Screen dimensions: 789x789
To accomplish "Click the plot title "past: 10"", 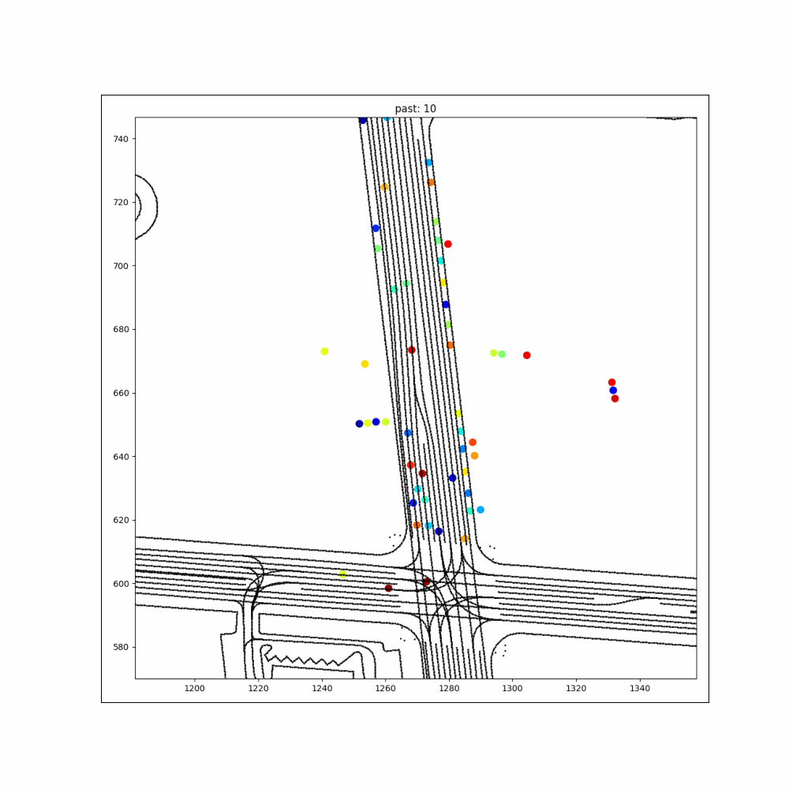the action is click(x=415, y=109).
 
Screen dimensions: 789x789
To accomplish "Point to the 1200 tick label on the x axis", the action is click(x=195, y=688).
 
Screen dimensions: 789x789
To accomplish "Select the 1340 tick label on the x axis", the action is click(x=640, y=688).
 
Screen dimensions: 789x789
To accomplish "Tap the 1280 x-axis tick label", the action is click(x=449, y=688).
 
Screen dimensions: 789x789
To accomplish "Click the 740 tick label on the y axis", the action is click(x=121, y=139).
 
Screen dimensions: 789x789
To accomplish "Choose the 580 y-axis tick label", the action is click(x=121, y=648).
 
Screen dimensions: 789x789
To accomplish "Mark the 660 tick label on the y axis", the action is click(x=121, y=393).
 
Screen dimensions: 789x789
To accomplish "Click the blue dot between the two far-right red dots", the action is click(x=613, y=391).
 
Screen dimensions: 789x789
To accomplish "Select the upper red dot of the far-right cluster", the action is click(x=612, y=383).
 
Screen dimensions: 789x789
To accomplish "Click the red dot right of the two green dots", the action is click(x=527, y=355).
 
